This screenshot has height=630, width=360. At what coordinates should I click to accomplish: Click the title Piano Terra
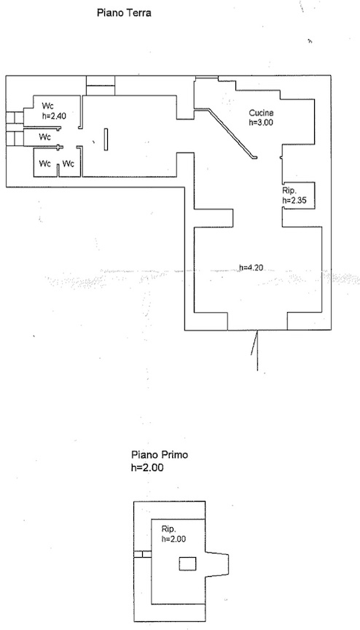[x=124, y=13]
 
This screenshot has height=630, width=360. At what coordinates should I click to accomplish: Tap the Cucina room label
[x=261, y=113]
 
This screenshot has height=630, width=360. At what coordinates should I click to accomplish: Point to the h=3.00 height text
[x=261, y=122]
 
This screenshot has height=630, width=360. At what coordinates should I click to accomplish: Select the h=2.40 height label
[x=54, y=117]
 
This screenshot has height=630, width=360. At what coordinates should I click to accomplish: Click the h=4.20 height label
[x=251, y=267]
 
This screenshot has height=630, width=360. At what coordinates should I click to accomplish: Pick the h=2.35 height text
[x=294, y=200]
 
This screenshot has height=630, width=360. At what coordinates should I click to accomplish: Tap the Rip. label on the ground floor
[x=289, y=191]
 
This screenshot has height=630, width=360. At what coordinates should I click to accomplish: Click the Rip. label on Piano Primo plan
[x=168, y=529]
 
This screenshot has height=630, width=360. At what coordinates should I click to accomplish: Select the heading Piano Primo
[x=160, y=455]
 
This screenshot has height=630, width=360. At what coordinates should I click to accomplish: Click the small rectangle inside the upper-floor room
[x=187, y=564]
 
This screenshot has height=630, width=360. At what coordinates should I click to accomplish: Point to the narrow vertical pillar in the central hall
[x=106, y=139]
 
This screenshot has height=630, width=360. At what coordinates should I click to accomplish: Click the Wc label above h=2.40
[x=48, y=106]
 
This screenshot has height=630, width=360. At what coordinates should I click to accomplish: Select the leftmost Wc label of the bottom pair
[x=45, y=164]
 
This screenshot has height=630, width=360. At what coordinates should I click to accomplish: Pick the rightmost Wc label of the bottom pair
[x=69, y=164]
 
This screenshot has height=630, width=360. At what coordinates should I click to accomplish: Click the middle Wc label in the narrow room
[x=45, y=137]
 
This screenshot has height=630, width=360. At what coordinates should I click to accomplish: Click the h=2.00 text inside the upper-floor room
[x=173, y=539]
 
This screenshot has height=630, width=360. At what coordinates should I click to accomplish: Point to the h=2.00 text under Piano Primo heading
[x=147, y=467]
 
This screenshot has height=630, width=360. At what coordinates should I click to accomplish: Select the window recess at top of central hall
[x=101, y=85]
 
